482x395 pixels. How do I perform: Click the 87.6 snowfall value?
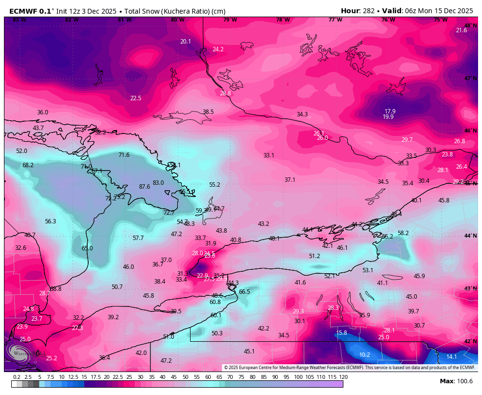pyautogui.click(x=145, y=187)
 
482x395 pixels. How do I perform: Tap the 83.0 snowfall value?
pyautogui.click(x=158, y=183)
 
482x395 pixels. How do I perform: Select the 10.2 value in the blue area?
pyautogui.click(x=364, y=355)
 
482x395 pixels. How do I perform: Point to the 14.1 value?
pyautogui.click(x=452, y=357)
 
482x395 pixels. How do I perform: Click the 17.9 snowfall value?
pyautogui.click(x=390, y=111)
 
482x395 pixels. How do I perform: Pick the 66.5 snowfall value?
pyautogui.click(x=244, y=292)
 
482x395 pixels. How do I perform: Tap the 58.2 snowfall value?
pyautogui.click(x=403, y=233)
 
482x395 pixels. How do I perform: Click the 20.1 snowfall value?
pyautogui.click(x=186, y=42)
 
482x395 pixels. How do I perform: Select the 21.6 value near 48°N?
pyautogui.click(x=461, y=30)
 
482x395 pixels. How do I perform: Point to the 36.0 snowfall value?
pyautogui.click(x=43, y=112)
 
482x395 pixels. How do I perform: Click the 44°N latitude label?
pyautogui.click(x=471, y=236)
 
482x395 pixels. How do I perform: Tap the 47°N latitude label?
pyautogui.click(x=471, y=78)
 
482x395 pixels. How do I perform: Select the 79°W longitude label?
pyautogui.click(x=230, y=20)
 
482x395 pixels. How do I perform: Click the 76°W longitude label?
pyautogui.click(x=388, y=20)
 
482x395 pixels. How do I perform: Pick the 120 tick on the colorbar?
pyautogui.click(x=343, y=377)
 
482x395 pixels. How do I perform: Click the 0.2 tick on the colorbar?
pyautogui.click(x=17, y=377)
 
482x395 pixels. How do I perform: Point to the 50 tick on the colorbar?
pyautogui.click(x=185, y=377)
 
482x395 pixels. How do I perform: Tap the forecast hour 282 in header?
pyautogui.click(x=370, y=11)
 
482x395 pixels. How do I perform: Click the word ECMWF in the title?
pyautogui.click(x=22, y=11)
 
